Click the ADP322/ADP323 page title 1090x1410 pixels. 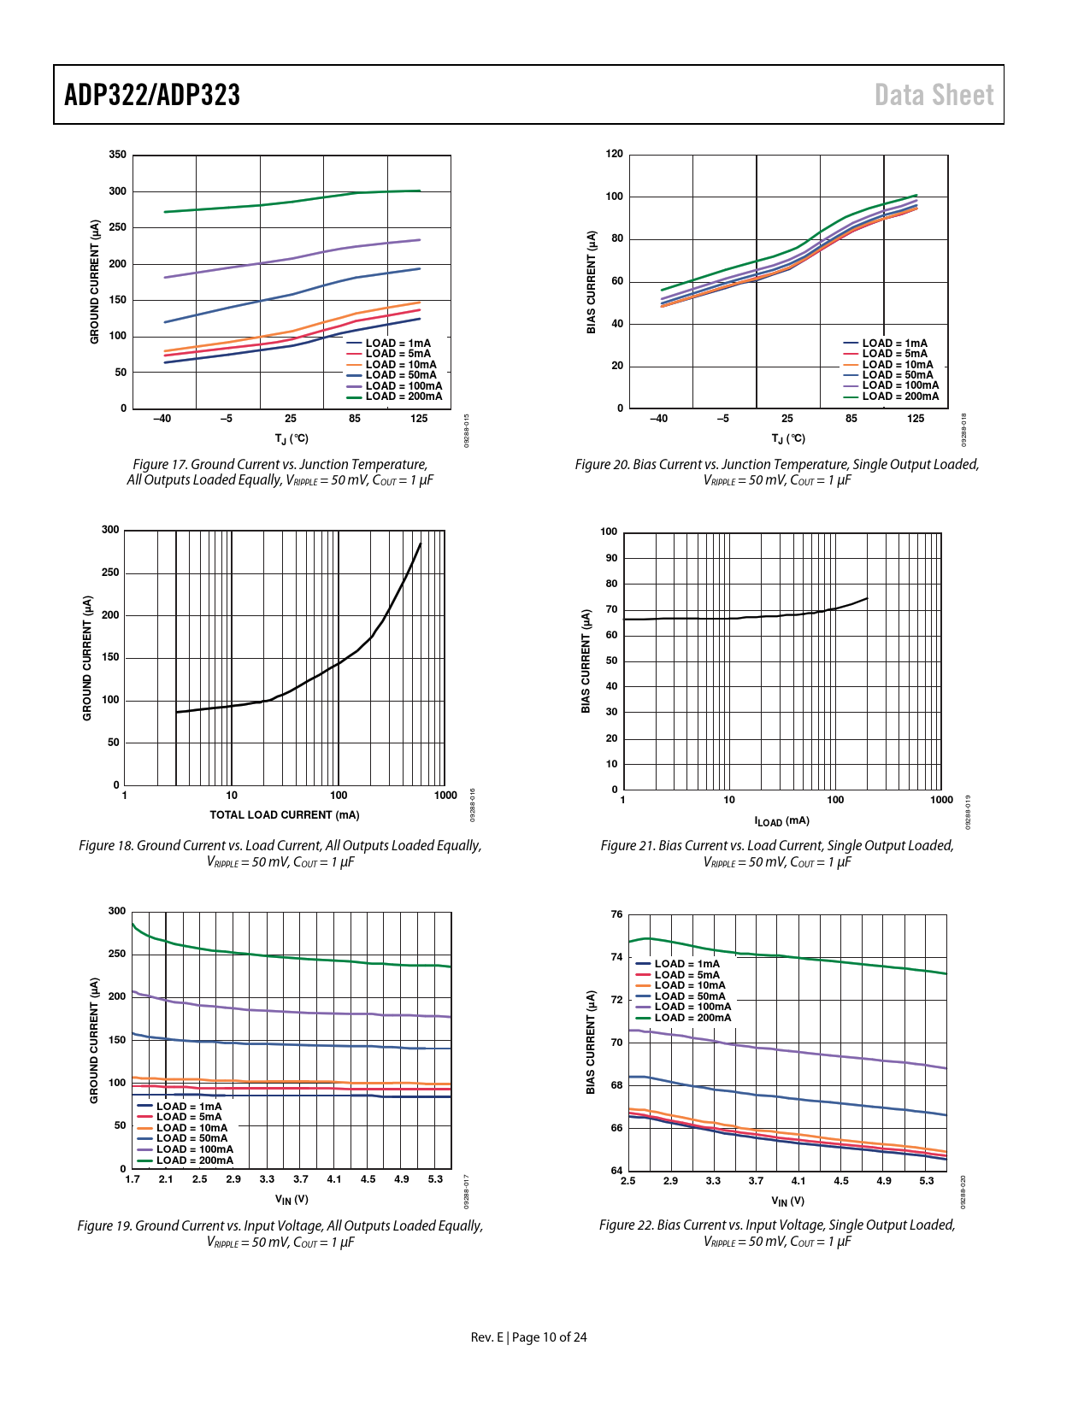[152, 95]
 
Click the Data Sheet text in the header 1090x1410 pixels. [934, 95]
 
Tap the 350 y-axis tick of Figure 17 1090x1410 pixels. [117, 155]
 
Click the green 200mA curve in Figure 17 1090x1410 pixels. [291, 202]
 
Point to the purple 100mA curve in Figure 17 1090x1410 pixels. [291, 258]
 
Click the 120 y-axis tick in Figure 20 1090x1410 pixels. [614, 154]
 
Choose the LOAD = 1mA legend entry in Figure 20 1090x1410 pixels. [894, 344]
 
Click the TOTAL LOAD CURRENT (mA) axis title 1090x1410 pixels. [285, 815]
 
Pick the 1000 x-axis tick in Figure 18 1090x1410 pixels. [445, 796]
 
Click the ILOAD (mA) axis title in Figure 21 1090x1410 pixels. [781, 821]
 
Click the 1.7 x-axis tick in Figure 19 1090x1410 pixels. [133, 1179]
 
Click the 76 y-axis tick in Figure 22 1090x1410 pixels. [616, 914]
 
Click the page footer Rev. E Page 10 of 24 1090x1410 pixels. [528, 1337]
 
